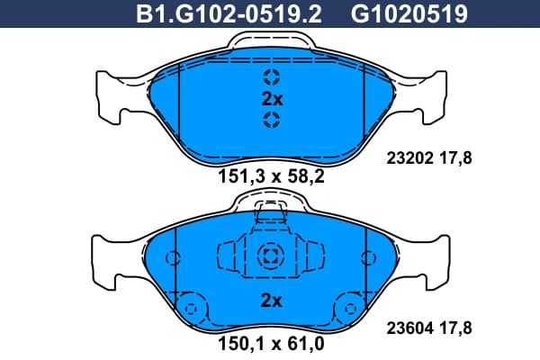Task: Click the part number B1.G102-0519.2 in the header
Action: pyautogui.click(x=229, y=14)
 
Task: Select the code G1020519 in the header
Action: pyautogui.click(x=409, y=14)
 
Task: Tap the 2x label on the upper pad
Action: pyautogui.click(x=272, y=99)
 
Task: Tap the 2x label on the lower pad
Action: pyautogui.click(x=272, y=301)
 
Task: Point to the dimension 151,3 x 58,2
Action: pyautogui.click(x=272, y=176)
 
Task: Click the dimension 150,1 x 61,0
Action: pyautogui.click(x=272, y=344)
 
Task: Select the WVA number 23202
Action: pyautogui.click(x=409, y=158)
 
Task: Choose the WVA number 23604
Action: pyautogui.click(x=409, y=328)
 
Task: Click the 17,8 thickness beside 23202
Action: pyautogui.click(x=455, y=158)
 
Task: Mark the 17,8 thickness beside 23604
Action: pyautogui.click(x=455, y=328)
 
